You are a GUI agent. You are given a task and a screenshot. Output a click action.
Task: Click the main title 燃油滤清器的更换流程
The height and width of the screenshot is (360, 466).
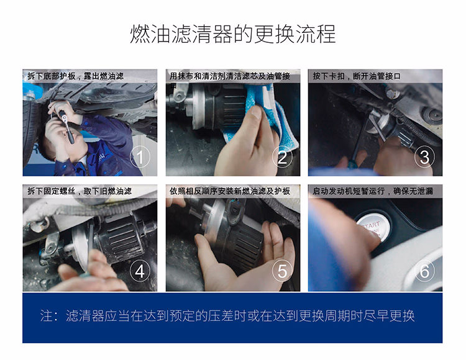pos(233,34)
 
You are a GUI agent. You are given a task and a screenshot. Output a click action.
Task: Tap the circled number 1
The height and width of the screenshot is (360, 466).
pos(140,157)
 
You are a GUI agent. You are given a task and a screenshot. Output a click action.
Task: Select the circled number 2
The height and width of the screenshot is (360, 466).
pos(282,157)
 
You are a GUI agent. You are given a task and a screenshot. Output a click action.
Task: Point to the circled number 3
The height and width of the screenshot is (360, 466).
pos(424,157)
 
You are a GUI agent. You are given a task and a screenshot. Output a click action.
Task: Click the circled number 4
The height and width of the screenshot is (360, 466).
pos(140,272)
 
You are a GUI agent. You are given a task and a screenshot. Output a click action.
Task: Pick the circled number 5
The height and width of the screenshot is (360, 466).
pos(282,272)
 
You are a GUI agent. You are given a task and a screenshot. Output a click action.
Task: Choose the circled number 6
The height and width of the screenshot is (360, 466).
pos(424,271)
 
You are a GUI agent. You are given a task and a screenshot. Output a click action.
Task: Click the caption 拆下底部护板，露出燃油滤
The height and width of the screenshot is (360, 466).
pos(75,76)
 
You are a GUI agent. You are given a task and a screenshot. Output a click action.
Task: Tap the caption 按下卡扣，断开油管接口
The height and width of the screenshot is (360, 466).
pos(357,76)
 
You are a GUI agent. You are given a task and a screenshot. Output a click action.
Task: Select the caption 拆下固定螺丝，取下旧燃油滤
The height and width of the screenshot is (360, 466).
pos(80,191)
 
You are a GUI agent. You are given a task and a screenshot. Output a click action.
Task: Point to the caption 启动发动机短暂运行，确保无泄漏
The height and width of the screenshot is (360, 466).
pos(373,191)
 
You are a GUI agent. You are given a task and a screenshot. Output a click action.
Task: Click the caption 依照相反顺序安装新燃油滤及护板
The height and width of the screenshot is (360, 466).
pos(230,191)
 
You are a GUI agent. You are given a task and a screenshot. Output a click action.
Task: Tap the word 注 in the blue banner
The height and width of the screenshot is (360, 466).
pos(47,315)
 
